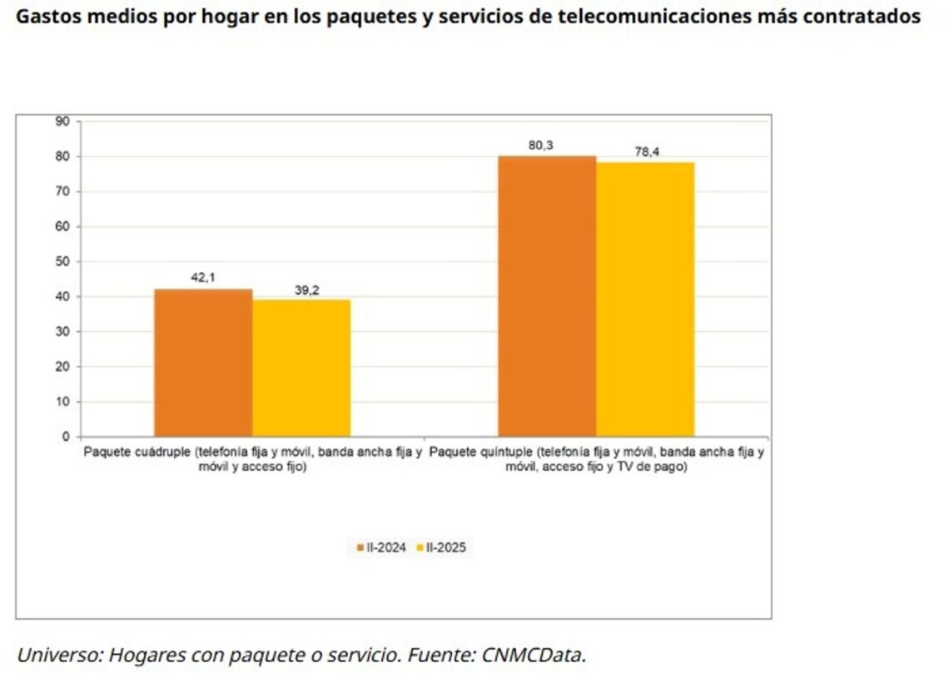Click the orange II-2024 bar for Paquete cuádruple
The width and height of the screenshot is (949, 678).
203,362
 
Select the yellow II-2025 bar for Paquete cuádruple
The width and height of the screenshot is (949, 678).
301,367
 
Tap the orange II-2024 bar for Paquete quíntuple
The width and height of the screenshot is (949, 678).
547,295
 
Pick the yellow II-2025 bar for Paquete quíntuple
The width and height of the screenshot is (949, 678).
645,299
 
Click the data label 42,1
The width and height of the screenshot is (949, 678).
203,277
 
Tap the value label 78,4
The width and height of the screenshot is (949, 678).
647,151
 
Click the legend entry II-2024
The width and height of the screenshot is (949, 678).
381,547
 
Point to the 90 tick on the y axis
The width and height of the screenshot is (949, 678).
62,121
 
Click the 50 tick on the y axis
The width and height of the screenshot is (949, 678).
62,261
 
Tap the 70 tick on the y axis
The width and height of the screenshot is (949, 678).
62,191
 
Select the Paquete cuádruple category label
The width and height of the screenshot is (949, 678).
253,460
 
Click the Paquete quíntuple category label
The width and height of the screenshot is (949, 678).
598,460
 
